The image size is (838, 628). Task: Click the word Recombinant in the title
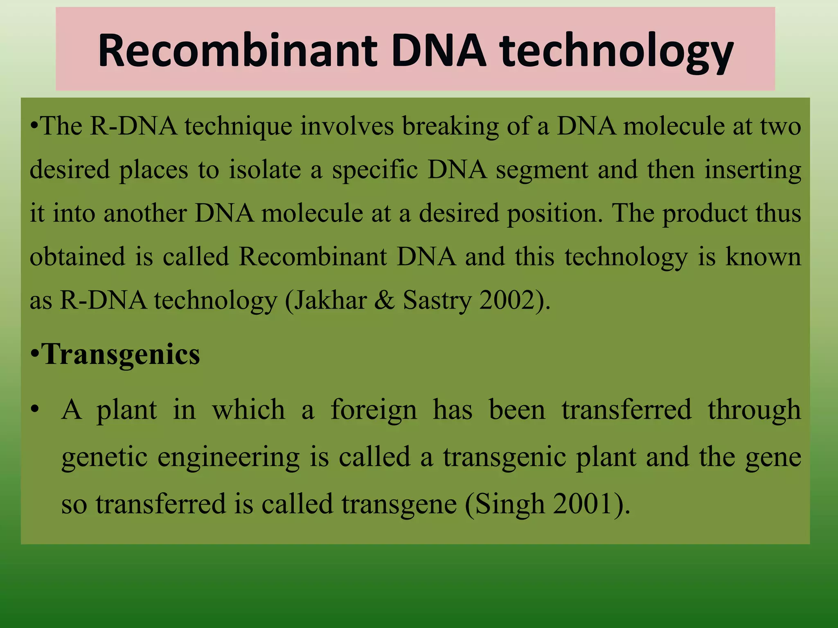(237, 51)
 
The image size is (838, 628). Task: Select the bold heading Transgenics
(121, 354)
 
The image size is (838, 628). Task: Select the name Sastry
(437, 300)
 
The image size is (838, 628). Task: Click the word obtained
(77, 257)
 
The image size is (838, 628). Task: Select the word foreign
(374, 410)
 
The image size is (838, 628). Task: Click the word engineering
(229, 457)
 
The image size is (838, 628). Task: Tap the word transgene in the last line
(399, 504)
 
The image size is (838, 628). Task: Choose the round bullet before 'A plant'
(36, 409)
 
